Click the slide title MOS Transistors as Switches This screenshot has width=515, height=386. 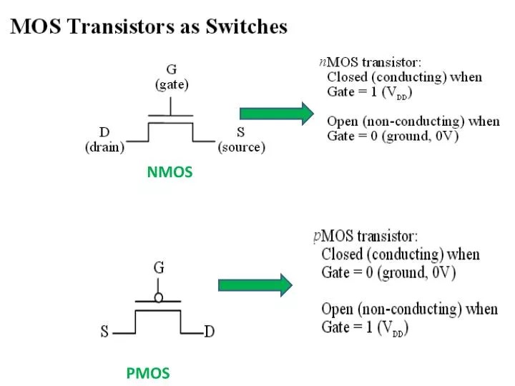(149, 27)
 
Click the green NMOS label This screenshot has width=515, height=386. (170, 172)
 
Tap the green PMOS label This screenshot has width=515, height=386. (148, 372)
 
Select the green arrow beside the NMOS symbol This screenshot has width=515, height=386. (276, 114)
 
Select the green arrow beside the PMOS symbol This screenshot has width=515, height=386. (255, 284)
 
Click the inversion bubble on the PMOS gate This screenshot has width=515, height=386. (159, 296)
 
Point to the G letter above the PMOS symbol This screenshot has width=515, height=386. (159, 267)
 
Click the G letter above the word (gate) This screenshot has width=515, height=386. (172, 70)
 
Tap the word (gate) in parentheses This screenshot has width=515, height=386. (172, 84)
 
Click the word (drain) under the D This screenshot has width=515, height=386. (104, 148)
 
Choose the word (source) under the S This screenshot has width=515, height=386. (241, 148)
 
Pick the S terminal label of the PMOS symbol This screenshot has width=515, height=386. (104, 332)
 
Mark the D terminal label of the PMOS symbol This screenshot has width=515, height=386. (209, 332)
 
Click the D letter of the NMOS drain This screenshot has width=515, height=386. (104, 133)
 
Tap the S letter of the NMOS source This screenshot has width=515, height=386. (241, 133)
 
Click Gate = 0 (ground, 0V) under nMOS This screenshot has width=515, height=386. (393, 136)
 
